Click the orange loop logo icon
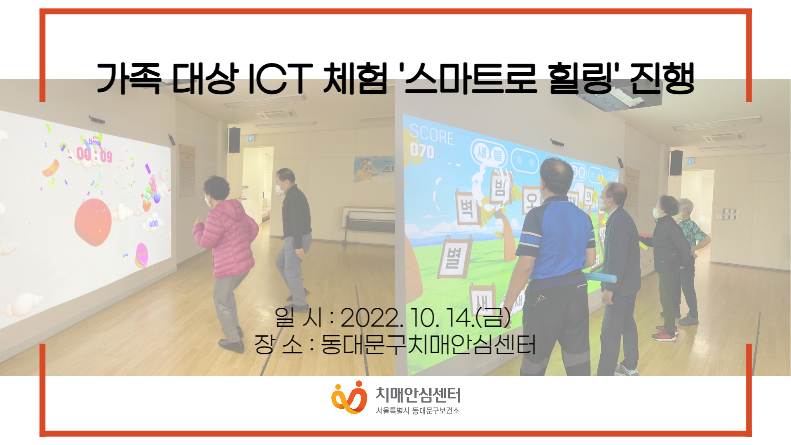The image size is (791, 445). coord(349,397)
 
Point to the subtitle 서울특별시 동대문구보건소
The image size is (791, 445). coord(417,411)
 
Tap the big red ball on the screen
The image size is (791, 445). coord(93,222)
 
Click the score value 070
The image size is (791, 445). coord(422,151)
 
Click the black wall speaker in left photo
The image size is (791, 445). coord(234,140)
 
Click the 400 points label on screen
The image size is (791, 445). coord(153,224)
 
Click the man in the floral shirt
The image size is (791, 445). coord(692,247)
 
